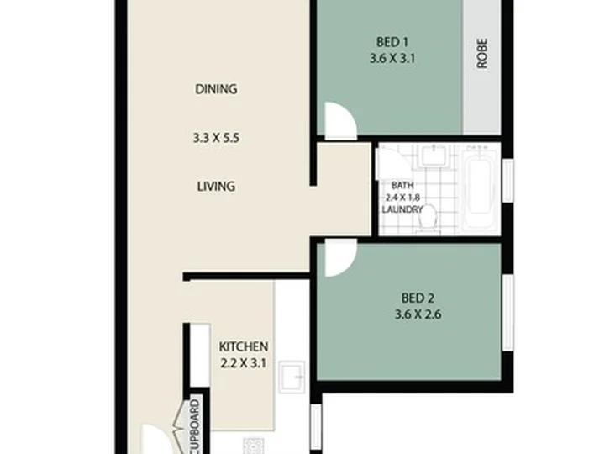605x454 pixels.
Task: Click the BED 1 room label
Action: tap(392, 42)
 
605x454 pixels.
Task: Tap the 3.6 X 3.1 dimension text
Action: tap(392, 59)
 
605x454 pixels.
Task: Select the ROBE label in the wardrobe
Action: tap(482, 53)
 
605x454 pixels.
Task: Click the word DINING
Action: tap(216, 89)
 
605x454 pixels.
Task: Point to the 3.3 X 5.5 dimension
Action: tap(216, 138)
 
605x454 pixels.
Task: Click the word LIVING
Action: tap(216, 187)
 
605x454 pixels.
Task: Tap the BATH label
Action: tap(402, 185)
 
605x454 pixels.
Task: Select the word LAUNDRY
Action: tap(402, 209)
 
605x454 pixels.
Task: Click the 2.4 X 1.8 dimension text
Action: tap(402, 198)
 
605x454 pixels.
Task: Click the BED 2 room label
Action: tap(418, 298)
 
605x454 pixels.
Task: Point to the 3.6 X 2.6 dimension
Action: tap(418, 314)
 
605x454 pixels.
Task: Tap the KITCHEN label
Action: tap(244, 346)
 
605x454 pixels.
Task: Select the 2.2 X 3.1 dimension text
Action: tap(244, 363)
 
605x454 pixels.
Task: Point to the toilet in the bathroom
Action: tap(429, 219)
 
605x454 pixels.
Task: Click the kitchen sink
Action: tap(292, 377)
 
